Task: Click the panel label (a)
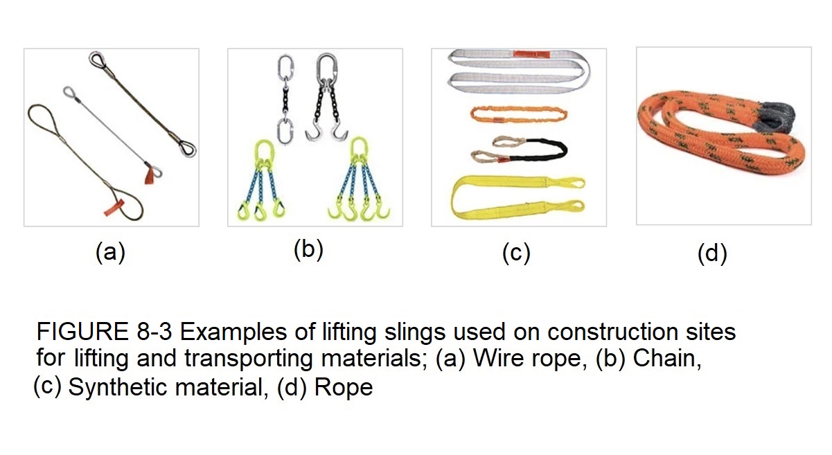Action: (x=110, y=253)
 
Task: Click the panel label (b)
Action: (x=308, y=250)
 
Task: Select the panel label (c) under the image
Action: (x=516, y=253)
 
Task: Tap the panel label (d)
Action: (x=712, y=253)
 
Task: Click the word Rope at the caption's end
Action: (x=344, y=387)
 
